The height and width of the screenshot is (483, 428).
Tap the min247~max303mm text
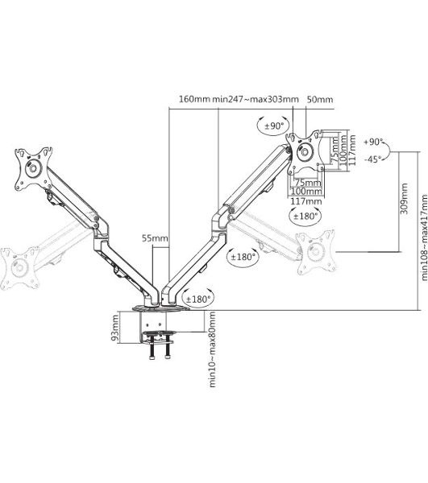[256, 99]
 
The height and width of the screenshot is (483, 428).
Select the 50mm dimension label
[320, 99]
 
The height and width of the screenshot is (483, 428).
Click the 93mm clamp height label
[114, 328]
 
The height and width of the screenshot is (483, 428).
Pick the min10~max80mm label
[213, 349]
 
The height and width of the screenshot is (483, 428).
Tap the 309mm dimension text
[404, 199]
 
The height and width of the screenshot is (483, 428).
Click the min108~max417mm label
[424, 237]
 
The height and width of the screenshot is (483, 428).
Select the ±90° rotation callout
[274, 126]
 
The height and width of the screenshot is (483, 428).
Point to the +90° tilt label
[373, 142]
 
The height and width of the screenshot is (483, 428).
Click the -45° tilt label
[373, 159]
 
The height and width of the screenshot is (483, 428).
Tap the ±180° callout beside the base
[197, 299]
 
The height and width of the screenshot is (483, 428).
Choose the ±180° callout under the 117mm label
[305, 216]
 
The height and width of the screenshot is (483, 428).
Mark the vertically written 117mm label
[351, 150]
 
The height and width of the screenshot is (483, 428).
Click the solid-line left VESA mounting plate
[34, 169]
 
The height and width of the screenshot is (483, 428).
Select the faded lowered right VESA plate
[315, 252]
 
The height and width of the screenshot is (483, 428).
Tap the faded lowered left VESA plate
[20, 268]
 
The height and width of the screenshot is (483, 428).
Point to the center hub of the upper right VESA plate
[305, 151]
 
